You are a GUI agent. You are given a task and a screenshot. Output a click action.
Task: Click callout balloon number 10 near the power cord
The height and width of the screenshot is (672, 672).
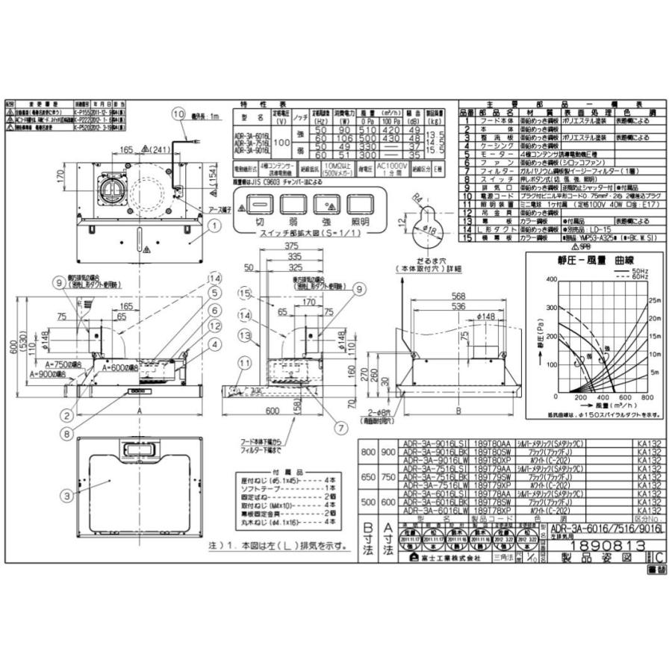coord(177,114)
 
